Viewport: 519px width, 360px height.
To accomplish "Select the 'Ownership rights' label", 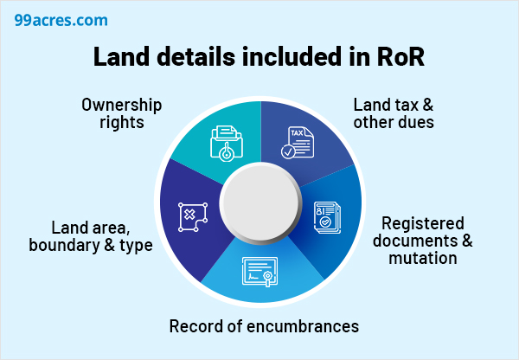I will tap(122, 113).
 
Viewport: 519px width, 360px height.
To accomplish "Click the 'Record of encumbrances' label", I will tap(263, 326).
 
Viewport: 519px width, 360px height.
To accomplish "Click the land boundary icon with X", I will tap(192, 216).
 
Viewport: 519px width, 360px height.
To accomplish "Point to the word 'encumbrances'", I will tap(303, 326).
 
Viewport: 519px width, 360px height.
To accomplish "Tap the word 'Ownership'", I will tap(122, 105).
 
